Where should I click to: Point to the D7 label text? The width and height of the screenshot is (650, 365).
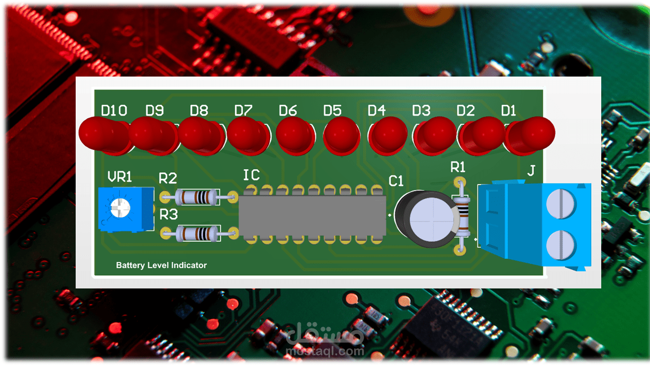pos(243,110)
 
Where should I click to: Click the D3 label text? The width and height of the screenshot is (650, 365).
pos(421,110)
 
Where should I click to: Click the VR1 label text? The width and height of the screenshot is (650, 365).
pos(120,177)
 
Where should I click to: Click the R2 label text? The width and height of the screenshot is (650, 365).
pos(168,178)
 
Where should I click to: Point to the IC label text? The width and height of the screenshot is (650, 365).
pos(251,175)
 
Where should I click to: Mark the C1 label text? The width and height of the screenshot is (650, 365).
pos(396,181)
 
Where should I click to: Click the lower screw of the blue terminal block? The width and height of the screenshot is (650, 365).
pos(561,245)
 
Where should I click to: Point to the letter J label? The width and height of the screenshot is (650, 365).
pos(531,171)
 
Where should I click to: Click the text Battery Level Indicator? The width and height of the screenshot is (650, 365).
pos(161,265)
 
